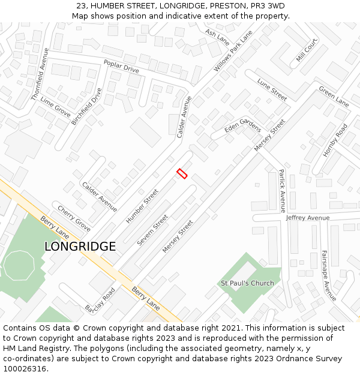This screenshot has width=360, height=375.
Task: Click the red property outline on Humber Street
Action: (x=182, y=173)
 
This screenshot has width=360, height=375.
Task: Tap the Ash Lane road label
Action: (x=217, y=37)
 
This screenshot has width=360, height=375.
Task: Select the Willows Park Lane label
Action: (x=233, y=52)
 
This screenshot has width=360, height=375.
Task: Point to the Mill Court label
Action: (x=307, y=50)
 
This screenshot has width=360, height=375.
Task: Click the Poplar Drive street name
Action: (x=121, y=66)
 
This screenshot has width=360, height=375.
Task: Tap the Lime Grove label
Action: (x=55, y=106)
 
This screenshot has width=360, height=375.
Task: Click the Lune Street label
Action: (x=272, y=89)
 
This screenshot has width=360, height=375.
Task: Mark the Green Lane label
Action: (x=334, y=96)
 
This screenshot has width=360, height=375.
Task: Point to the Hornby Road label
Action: (x=335, y=140)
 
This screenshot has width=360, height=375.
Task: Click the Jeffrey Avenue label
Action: (x=308, y=217)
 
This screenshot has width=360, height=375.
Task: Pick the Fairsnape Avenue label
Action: (x=328, y=275)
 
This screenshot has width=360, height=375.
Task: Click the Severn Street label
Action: (x=152, y=230)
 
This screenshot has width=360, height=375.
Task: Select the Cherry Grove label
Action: (x=74, y=218)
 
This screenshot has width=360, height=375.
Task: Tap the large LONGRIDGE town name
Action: (x=80, y=247)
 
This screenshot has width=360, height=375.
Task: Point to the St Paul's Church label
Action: (x=247, y=283)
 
